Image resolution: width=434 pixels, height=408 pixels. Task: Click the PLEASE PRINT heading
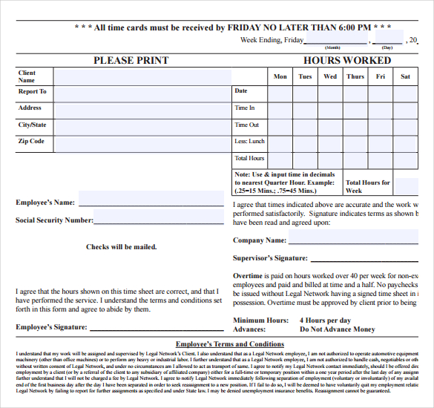click(x=131, y=60)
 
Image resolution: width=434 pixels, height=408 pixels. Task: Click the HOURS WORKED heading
click(x=347, y=60)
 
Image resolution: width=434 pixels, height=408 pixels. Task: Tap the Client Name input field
click(x=141, y=76)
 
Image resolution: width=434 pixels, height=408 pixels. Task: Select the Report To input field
click(x=141, y=93)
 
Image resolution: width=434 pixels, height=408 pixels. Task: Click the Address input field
click(x=141, y=110)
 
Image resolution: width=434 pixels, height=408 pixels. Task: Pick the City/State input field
click(x=141, y=127)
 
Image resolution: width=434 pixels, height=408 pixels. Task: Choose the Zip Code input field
click(x=141, y=143)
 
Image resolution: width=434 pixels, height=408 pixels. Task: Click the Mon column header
click(x=280, y=76)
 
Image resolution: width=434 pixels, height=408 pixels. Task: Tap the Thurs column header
click(x=355, y=76)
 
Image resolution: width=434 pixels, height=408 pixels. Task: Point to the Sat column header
click(x=405, y=76)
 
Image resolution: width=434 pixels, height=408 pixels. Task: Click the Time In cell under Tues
click(x=305, y=110)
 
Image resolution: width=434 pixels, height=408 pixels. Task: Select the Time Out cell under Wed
click(x=330, y=127)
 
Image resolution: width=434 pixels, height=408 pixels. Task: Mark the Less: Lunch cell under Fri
click(x=380, y=143)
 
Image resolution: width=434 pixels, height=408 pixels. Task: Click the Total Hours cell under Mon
click(x=280, y=159)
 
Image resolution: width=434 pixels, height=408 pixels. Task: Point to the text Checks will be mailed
click(x=121, y=247)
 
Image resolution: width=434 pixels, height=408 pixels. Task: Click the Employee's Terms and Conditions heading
click(x=229, y=344)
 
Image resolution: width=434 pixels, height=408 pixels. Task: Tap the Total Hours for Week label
click(x=368, y=186)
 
